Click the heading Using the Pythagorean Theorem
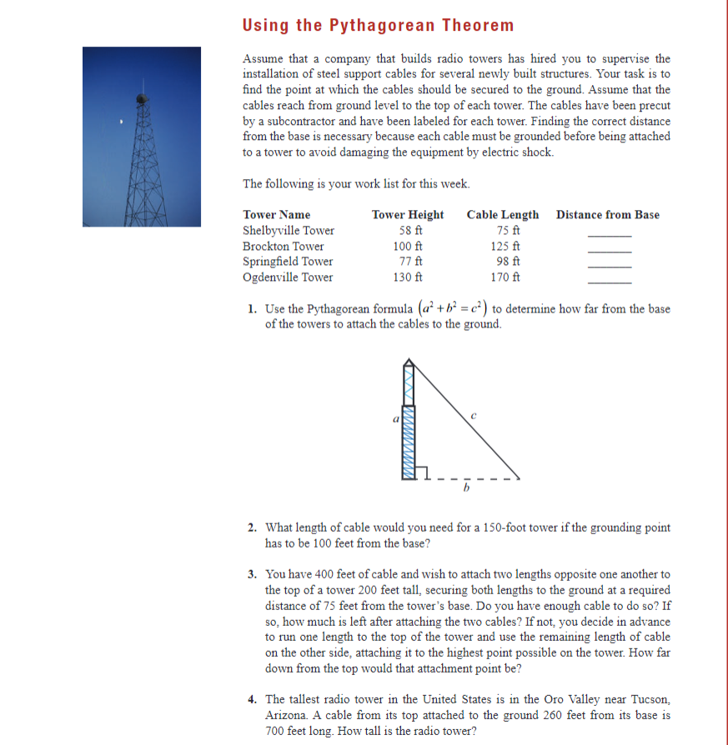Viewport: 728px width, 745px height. click(378, 25)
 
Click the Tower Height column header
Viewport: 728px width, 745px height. click(408, 215)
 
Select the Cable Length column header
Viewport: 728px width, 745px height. click(503, 215)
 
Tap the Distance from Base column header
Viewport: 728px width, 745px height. click(607, 215)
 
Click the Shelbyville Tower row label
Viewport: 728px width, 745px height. click(289, 231)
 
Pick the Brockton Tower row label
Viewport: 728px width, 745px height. click(284, 247)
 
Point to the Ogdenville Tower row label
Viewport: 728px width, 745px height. click(288, 277)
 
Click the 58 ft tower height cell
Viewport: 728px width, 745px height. click(408, 231)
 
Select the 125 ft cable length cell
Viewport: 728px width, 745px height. click(503, 247)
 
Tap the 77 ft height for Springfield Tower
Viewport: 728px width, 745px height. click(408, 262)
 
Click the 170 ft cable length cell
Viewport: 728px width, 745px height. click(503, 277)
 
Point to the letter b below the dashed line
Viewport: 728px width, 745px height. click(467, 489)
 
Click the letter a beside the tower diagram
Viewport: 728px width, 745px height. click(396, 419)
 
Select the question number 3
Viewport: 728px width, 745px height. click(252, 574)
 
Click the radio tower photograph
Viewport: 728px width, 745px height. click(142, 137)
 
